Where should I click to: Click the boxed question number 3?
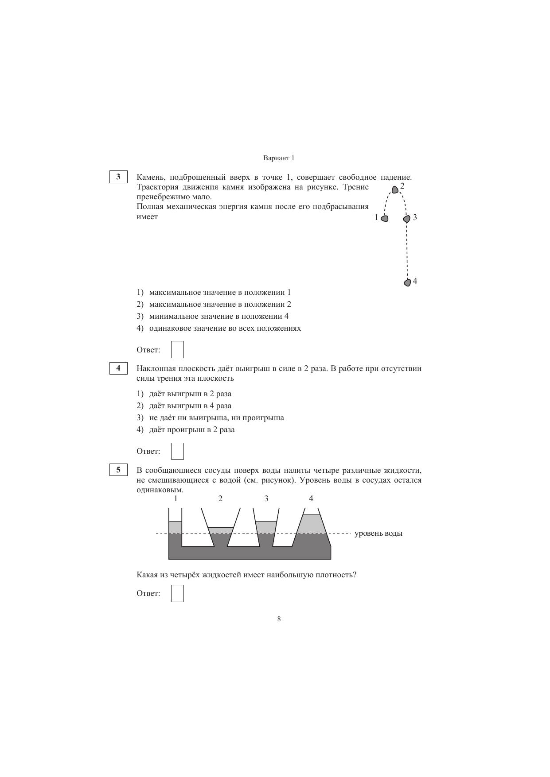tap(118, 177)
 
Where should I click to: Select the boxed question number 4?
tap(118, 368)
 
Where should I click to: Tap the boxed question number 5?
tap(118, 470)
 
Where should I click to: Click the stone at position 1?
tap(385, 218)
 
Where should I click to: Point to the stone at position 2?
tap(395, 190)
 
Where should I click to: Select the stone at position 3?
tap(406, 219)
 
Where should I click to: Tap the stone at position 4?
tap(407, 282)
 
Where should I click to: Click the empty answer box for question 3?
tap(177, 349)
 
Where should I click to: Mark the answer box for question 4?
tap(177, 451)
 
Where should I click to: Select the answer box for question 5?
tap(177, 593)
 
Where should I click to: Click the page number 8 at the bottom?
tap(279, 619)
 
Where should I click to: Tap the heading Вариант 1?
tap(279, 158)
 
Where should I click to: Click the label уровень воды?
tap(378, 533)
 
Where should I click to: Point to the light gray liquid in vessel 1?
tap(176, 527)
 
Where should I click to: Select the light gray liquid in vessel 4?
tap(312, 525)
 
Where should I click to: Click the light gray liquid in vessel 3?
tap(266, 527)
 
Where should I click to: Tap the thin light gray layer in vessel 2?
tap(220, 530)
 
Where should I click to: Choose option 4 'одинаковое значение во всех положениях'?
tap(225, 328)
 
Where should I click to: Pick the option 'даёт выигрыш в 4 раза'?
tap(190, 406)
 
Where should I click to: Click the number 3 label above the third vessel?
tap(266, 499)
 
